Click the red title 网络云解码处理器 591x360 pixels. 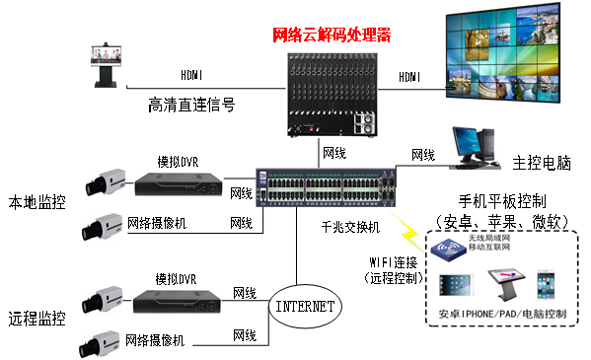tap(332, 36)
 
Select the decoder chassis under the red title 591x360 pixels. tap(332, 95)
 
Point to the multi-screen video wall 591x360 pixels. tap(506, 56)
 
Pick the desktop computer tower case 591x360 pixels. tap(490, 147)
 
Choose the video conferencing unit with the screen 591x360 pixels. tap(105, 64)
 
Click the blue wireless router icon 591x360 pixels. tap(450, 247)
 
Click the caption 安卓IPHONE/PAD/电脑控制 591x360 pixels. tap(500, 318)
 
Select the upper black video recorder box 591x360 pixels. tap(179, 184)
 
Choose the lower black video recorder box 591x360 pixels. tap(177, 301)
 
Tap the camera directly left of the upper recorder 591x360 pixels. tap(104, 183)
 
